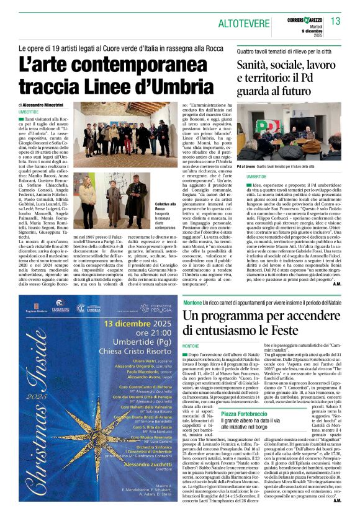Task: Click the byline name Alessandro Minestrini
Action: (x=50, y=105)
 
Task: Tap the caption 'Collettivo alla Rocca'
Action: (x=146, y=205)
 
